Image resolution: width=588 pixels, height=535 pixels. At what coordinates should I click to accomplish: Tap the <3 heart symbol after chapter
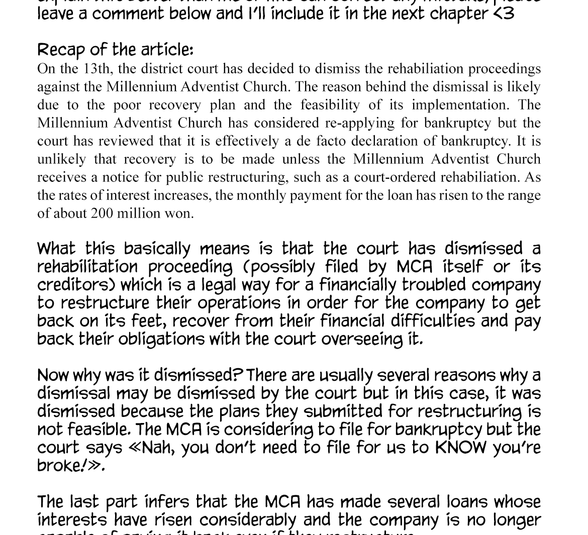pos(504,14)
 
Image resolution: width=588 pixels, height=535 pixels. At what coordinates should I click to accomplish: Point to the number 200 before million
pos(102,213)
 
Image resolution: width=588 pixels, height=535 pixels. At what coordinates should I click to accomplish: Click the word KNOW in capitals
pos(461,448)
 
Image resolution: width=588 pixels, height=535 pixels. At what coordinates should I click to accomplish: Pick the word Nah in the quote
pos(158,448)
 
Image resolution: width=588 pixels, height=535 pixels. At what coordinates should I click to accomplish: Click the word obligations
pos(161,340)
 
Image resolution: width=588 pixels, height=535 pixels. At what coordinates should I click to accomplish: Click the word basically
pos(157,249)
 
